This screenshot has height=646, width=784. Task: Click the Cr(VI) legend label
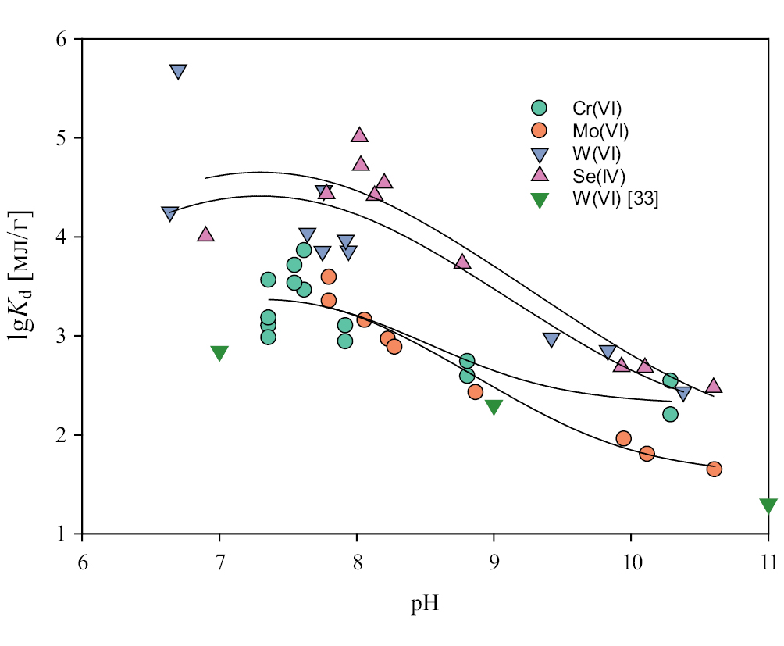[597, 108]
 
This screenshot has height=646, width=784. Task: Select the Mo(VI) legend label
[600, 130]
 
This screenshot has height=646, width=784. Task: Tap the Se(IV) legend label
[599, 176]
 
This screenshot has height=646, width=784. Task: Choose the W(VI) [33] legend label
[615, 198]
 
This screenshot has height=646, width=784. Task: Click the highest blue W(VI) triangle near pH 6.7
[178, 72]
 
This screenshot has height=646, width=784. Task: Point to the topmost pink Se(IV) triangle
[359, 135]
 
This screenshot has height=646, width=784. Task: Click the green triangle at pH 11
[768, 505]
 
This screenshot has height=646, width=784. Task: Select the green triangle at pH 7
[219, 353]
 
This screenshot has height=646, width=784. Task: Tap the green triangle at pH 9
[494, 406]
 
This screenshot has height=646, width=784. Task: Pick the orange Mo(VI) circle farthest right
[714, 469]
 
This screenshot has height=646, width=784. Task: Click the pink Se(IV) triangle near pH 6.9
[205, 234]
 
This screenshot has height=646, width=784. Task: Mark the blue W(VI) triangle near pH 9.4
[551, 339]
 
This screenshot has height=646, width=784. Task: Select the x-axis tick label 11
[768, 560]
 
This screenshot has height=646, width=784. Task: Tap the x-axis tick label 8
[357, 560]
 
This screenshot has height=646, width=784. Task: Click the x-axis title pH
[425, 605]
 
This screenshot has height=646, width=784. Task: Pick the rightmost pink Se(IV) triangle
[714, 386]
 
